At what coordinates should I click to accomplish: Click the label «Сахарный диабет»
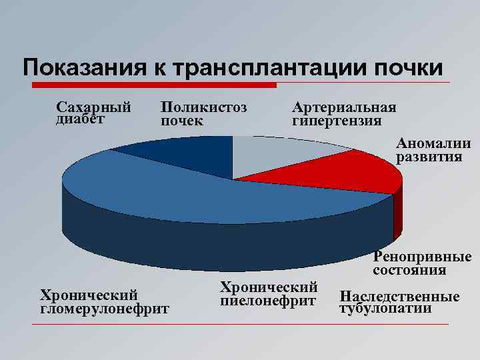[93, 113]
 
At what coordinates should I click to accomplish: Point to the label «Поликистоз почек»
[204, 114]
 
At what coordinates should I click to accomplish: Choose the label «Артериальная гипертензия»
[344, 114]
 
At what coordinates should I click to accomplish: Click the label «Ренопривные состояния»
[422, 263]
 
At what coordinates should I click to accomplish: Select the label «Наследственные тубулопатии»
[399, 302]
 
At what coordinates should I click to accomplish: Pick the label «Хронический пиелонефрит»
[268, 294]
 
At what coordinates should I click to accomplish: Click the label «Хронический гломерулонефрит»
[105, 301]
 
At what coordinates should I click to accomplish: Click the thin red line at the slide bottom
[240, 325]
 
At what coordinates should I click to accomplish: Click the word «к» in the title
[160, 68]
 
